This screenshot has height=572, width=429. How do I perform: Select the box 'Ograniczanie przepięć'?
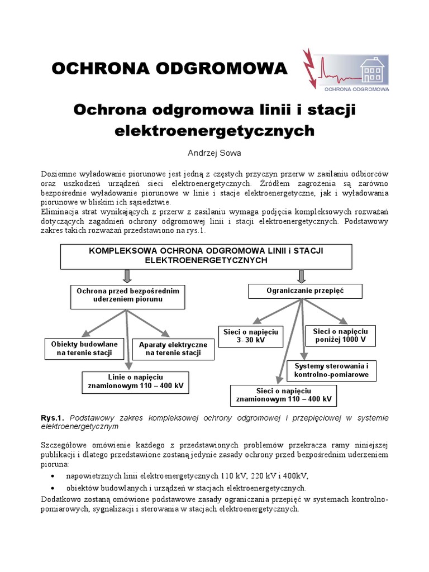[305, 290]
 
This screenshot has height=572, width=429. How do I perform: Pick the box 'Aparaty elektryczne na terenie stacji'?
[173, 349]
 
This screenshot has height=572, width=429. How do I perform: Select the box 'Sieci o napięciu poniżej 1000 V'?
[340, 335]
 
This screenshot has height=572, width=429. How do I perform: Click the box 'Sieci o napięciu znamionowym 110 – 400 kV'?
[284, 395]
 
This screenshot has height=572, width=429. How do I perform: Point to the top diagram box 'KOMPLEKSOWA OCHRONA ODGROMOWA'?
[206, 256]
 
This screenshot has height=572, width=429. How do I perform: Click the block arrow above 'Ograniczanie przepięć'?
[302, 276]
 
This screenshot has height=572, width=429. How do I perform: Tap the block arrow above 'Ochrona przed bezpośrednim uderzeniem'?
[127, 276]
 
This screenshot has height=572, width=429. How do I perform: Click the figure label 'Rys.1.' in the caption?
[53, 418]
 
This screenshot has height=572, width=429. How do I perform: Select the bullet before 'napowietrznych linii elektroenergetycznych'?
[53, 476]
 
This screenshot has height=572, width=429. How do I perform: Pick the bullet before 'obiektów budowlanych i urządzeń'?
[53, 488]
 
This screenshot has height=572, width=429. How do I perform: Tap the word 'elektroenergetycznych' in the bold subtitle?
[214, 131]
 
